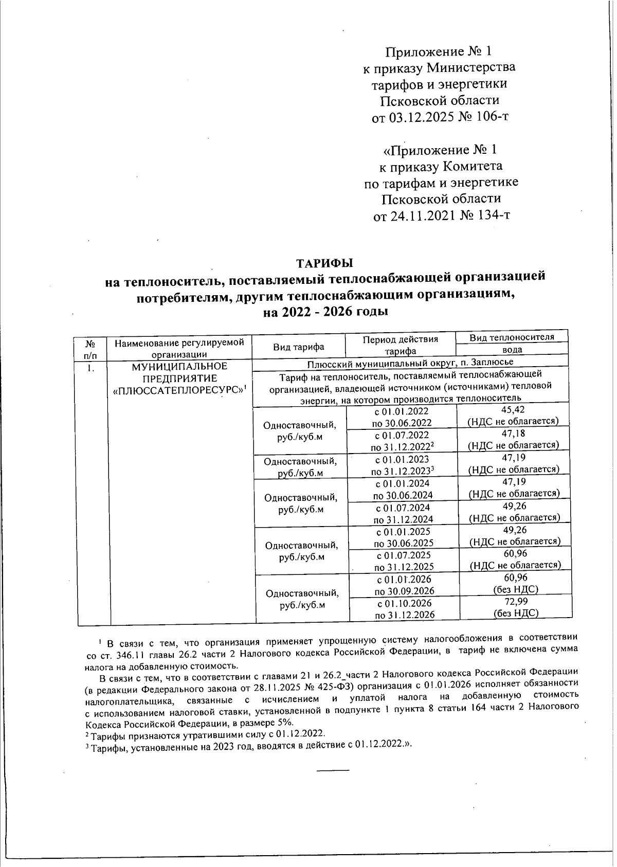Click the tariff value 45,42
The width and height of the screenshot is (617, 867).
point(513,410)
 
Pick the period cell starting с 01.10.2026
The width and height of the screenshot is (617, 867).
point(404,608)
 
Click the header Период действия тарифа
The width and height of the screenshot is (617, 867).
point(400,345)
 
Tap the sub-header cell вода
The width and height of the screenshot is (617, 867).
point(512,350)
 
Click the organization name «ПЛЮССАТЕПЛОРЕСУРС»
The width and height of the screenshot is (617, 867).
point(178,390)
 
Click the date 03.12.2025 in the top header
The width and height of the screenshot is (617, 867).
point(419,117)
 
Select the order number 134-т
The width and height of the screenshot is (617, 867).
point(493,215)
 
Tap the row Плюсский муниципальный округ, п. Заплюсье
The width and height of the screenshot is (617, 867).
point(410,363)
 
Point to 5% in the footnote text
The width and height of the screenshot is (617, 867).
point(283,721)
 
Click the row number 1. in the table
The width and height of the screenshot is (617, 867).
point(90,367)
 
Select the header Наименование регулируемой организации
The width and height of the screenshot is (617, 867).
point(179,347)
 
